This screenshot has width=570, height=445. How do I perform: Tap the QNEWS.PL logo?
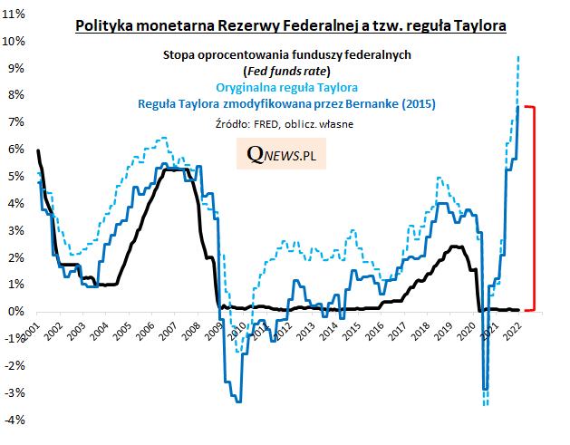[286, 155]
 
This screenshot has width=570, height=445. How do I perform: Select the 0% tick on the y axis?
[17, 311]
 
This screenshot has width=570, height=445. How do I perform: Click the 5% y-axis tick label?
[17, 176]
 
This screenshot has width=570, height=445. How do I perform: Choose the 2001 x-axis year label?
[34, 331]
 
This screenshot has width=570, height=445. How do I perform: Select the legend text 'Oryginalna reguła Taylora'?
[287, 87]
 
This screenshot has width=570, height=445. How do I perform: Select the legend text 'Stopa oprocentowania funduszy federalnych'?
[287, 54]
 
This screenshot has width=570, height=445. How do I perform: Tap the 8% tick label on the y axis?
[17, 95]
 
